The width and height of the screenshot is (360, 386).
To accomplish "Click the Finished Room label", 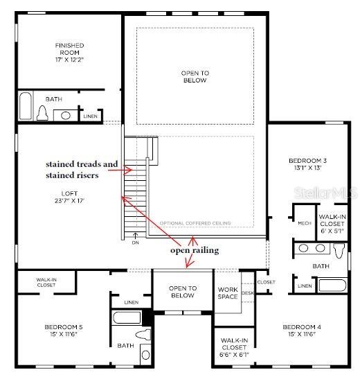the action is pos(70,53).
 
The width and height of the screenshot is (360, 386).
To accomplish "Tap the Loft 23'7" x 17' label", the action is pos(70,197).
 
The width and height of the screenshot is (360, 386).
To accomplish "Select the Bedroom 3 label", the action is pos(307,164).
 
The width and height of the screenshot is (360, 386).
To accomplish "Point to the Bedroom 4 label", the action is pos(302,331).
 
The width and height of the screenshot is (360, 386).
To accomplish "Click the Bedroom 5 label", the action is pos(64,331).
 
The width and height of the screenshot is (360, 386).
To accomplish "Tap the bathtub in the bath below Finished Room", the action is pos(26,106).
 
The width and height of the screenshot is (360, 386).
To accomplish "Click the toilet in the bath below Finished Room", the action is pos(42,113).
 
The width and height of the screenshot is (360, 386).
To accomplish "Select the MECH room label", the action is pos(305,223).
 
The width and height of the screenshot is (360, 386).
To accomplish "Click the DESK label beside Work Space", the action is pos(248,293).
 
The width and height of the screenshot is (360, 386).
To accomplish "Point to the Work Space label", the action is pos(228,293).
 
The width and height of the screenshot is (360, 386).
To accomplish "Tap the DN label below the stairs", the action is pos(136,243).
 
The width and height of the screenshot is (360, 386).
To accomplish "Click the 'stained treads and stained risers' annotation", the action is pos(82,170).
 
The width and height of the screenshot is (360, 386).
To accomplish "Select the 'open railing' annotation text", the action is pos(195,251).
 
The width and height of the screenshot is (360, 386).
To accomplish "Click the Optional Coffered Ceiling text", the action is pos(195,223).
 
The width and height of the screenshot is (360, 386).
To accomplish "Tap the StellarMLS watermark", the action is pos(325,193).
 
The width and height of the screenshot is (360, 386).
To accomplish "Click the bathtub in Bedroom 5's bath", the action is pos(127,317).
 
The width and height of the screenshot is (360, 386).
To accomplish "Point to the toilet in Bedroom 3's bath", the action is pos(339,251).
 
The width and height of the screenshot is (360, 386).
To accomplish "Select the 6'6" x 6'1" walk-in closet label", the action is pos(234,347).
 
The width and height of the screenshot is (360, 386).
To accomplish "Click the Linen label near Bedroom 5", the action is pos(132,302).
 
